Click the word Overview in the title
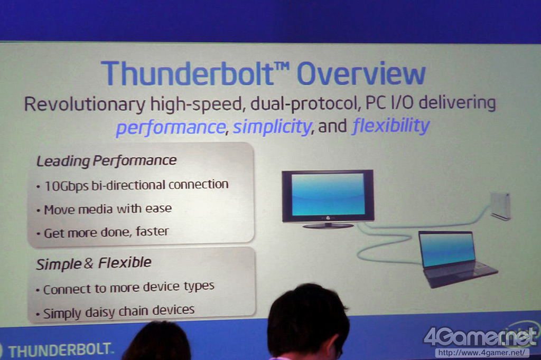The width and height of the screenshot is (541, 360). click(x=361, y=73)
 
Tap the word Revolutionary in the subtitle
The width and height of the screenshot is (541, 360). click(x=85, y=104)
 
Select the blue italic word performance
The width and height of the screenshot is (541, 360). click(x=171, y=127)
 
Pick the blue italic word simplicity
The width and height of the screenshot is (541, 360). click(x=272, y=127)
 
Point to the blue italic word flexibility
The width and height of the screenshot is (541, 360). click(x=391, y=125)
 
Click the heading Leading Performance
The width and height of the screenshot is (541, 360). click(x=106, y=160)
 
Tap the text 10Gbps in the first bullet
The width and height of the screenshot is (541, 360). click(x=66, y=186)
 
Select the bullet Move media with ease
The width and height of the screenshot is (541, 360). click(x=108, y=210)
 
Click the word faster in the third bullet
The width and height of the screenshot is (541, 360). click(x=152, y=231)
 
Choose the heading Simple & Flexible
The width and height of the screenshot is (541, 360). click(x=94, y=263)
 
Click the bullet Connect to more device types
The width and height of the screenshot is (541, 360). click(x=129, y=288)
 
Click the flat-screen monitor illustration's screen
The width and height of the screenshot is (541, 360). click(x=328, y=195)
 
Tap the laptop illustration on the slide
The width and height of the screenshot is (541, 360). click(x=455, y=258)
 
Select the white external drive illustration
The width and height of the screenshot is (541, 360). click(x=500, y=206)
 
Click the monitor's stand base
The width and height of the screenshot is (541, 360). click(x=328, y=226)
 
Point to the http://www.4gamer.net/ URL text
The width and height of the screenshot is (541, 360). click(x=482, y=353)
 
